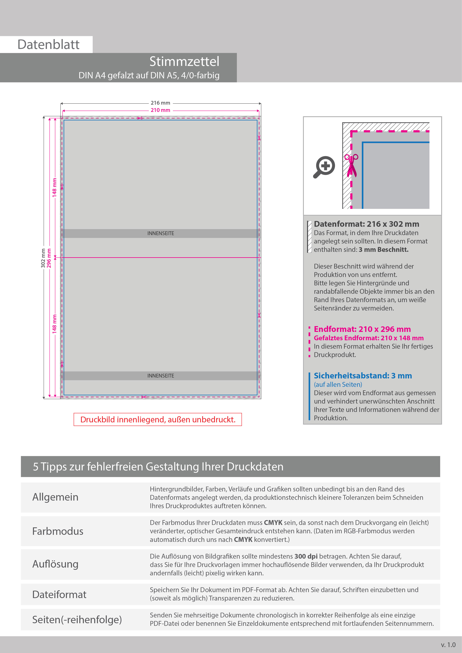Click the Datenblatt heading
pos(48,45)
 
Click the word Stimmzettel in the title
pos(184,61)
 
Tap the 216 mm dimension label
pos(161,103)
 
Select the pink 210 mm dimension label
pos(161,110)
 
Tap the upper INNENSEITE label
pos(161,233)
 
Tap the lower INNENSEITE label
pos(161,376)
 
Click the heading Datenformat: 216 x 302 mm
pos(366,224)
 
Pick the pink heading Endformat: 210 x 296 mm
pos(362,329)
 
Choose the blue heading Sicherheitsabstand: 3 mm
pos(363,376)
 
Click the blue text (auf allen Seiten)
pos(338,385)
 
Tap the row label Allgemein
pos(55,497)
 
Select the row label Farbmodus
pos(58,531)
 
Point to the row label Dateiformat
pos(59,594)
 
